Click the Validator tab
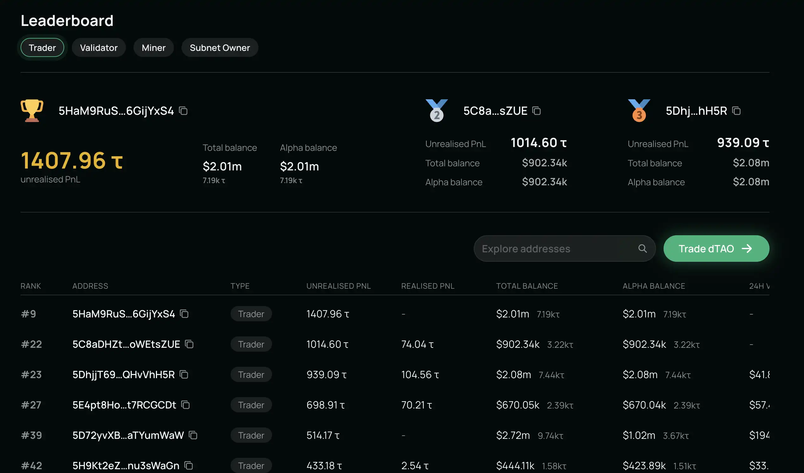click(x=99, y=48)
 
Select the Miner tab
click(x=153, y=48)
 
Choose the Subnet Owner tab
click(x=220, y=48)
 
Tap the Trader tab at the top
click(x=42, y=48)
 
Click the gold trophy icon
click(x=32, y=110)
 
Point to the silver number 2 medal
click(x=436, y=111)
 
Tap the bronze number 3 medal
click(x=639, y=111)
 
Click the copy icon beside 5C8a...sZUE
click(x=536, y=111)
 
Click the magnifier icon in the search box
click(x=642, y=249)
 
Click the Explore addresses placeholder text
click(x=526, y=249)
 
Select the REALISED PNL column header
click(x=428, y=286)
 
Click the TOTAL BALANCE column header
click(x=527, y=286)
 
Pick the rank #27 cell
click(x=31, y=405)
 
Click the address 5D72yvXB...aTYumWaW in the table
click(x=128, y=435)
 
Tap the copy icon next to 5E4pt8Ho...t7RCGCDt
click(x=185, y=405)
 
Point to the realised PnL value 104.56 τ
click(x=420, y=375)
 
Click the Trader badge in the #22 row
click(x=251, y=344)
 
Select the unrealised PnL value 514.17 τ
click(x=323, y=435)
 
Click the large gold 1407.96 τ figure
click(x=72, y=160)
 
